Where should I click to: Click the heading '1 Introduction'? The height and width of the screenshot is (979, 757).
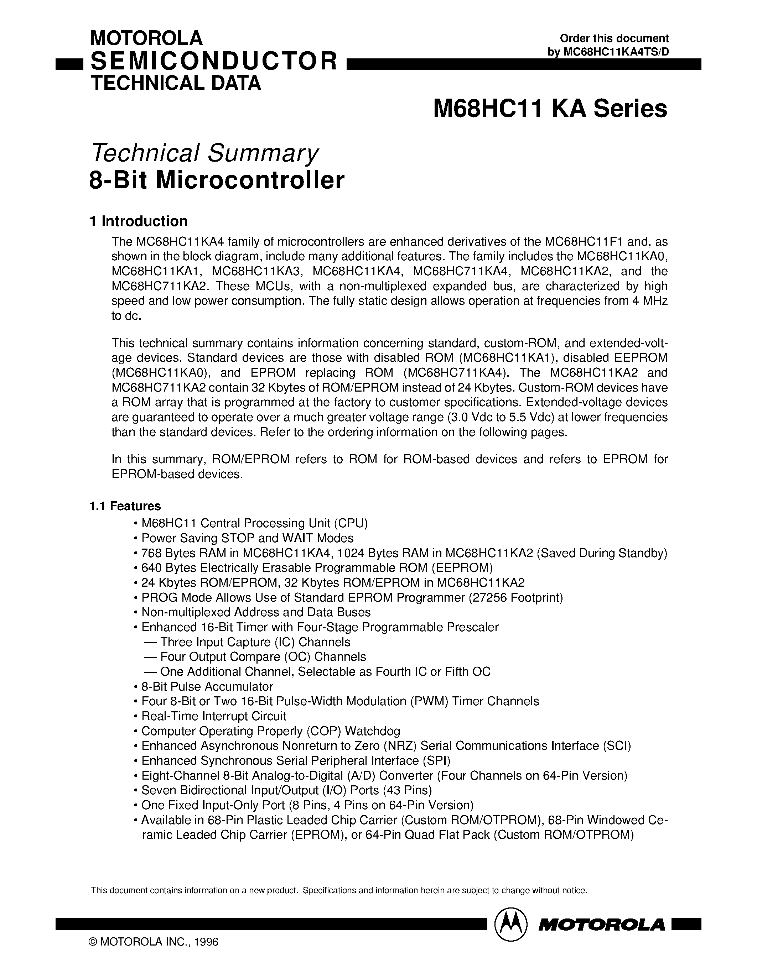pyautogui.click(x=139, y=221)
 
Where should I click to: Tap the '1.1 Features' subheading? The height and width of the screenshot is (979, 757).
pyautogui.click(x=125, y=506)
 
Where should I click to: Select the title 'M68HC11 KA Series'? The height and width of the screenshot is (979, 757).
pyautogui.click(x=550, y=109)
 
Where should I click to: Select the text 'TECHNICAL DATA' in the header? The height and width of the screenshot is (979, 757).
pyautogui.click(x=176, y=83)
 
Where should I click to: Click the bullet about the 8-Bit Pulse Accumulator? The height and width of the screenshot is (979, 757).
pyautogui.click(x=207, y=687)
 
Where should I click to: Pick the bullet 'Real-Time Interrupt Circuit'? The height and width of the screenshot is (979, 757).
pyautogui.click(x=213, y=716)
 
